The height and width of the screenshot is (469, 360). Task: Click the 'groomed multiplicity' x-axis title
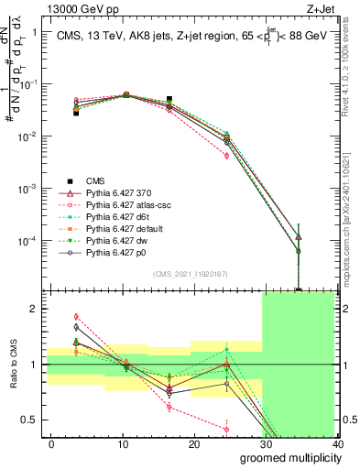(287, 457)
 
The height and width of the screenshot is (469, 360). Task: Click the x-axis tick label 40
(337, 443)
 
